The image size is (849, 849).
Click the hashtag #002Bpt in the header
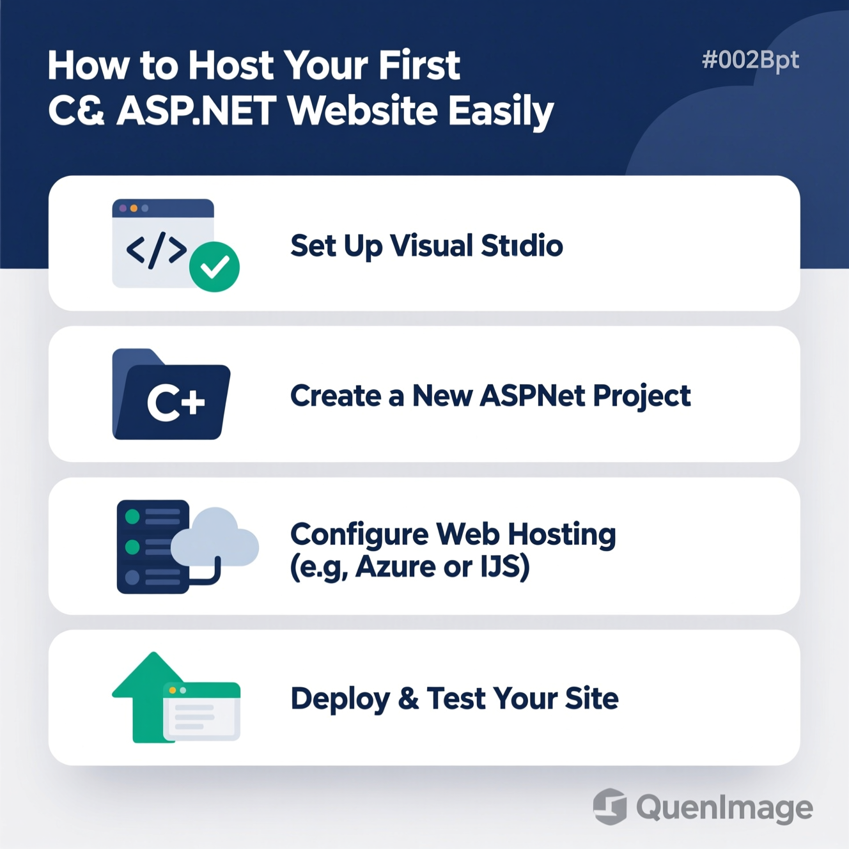pos(751,61)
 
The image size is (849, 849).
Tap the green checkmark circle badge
pos(215,267)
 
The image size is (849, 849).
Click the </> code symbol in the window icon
pos(157,250)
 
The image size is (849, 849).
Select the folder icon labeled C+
pos(171,394)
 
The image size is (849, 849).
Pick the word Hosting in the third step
pos(561,535)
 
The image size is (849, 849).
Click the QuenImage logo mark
pos(610,806)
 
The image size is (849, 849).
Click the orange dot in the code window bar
pos(134,208)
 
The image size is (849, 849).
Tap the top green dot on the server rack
pos(132,517)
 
